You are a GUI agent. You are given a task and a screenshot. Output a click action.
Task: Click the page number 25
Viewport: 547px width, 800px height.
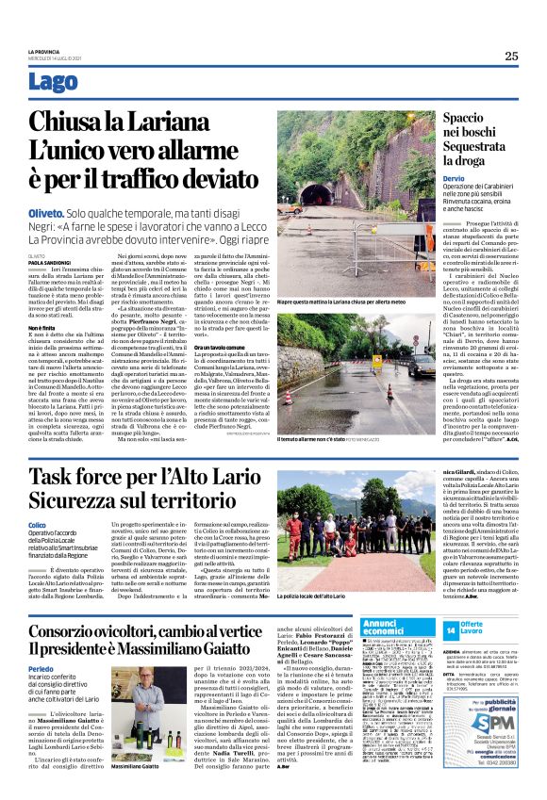pos(511,56)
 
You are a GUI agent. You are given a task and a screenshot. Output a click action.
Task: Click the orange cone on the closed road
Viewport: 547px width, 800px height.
pos(374,220)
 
